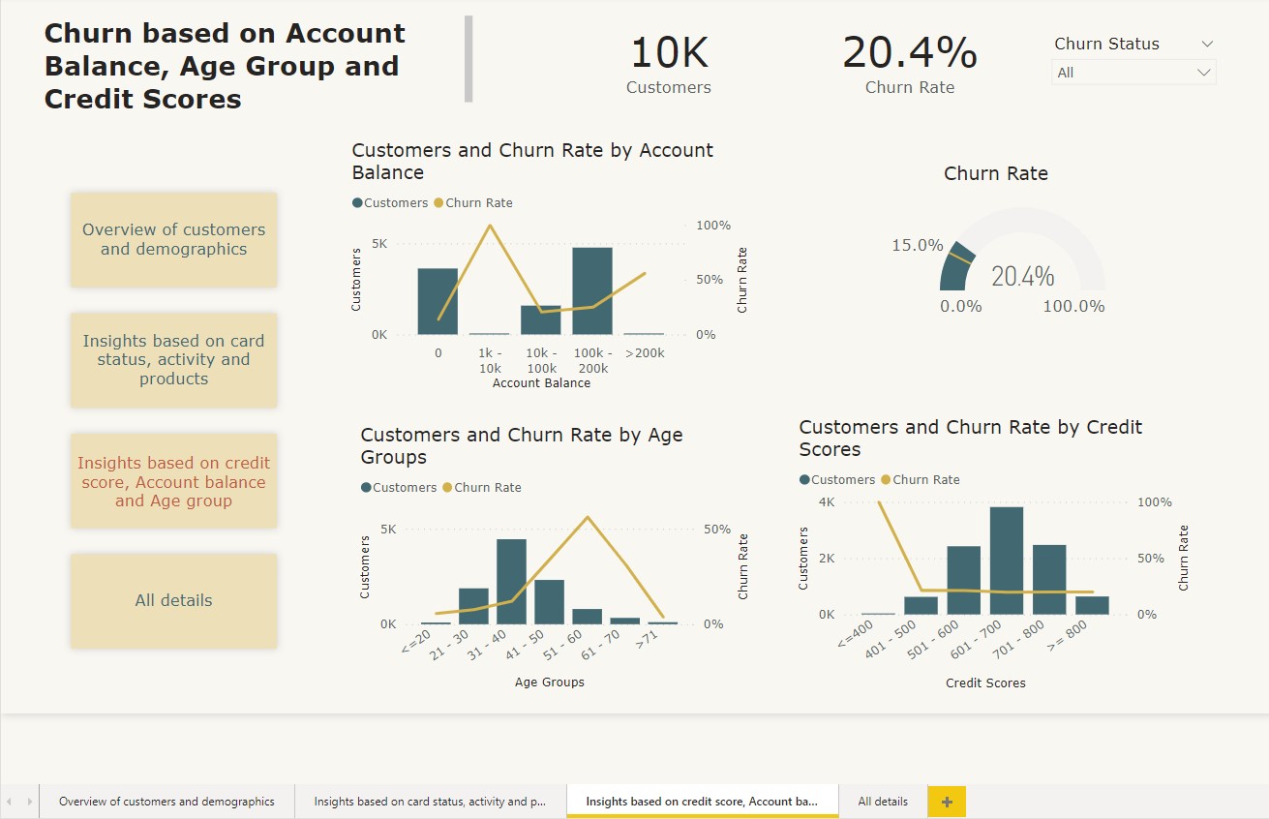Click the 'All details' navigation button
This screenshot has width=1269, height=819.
tap(173, 600)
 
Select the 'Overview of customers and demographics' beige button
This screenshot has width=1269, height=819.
tap(173, 239)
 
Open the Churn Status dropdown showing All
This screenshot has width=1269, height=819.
tap(1133, 73)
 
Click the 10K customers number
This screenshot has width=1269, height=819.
tap(669, 52)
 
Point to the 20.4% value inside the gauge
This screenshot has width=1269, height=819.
tap(1022, 277)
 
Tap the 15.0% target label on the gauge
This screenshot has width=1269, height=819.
tap(917, 246)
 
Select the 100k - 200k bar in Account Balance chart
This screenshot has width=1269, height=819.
tap(592, 291)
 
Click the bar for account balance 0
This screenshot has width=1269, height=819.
tap(438, 301)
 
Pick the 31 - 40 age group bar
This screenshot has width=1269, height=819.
tap(511, 582)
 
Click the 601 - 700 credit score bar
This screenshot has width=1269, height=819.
tap(1006, 561)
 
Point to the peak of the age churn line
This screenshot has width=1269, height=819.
tap(587, 517)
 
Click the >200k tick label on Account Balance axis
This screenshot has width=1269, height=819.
tap(645, 353)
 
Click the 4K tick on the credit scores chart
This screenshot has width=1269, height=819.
tap(826, 502)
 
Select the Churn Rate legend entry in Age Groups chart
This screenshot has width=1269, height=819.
tap(482, 488)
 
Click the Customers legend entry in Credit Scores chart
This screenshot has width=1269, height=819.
tap(837, 480)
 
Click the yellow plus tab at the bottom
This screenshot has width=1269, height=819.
tap(947, 802)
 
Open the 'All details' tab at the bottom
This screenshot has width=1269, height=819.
tap(883, 802)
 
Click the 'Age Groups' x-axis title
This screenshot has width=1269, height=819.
tap(549, 682)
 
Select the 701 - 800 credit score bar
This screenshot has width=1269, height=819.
tap(1049, 580)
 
